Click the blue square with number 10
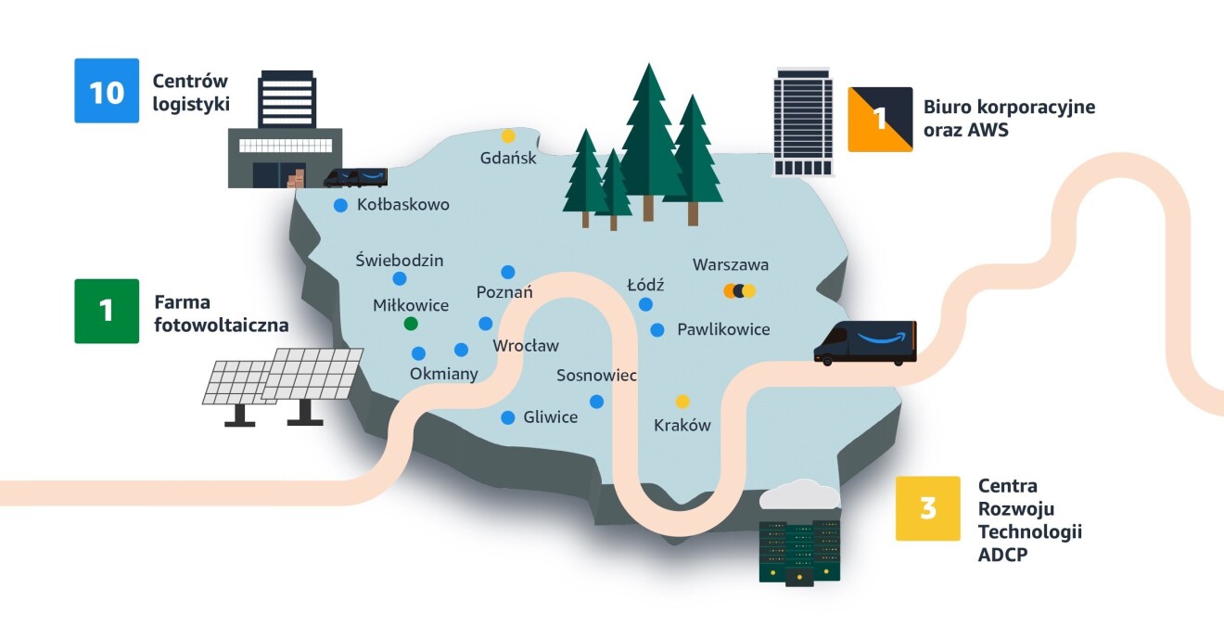point(107,91)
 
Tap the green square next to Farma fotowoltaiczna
point(107,311)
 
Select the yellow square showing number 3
point(927,508)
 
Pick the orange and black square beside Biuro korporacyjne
point(880,119)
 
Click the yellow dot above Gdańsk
point(508,136)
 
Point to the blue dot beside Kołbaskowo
point(340,205)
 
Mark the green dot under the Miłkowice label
point(411,324)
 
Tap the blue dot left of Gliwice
point(508,417)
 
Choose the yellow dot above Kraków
point(682,402)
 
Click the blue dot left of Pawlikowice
point(657,329)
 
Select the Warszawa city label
point(731,265)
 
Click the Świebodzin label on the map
point(400,261)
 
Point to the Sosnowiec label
point(596,376)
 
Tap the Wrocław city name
point(526,346)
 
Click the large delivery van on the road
point(864,343)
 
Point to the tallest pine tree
point(648,139)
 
